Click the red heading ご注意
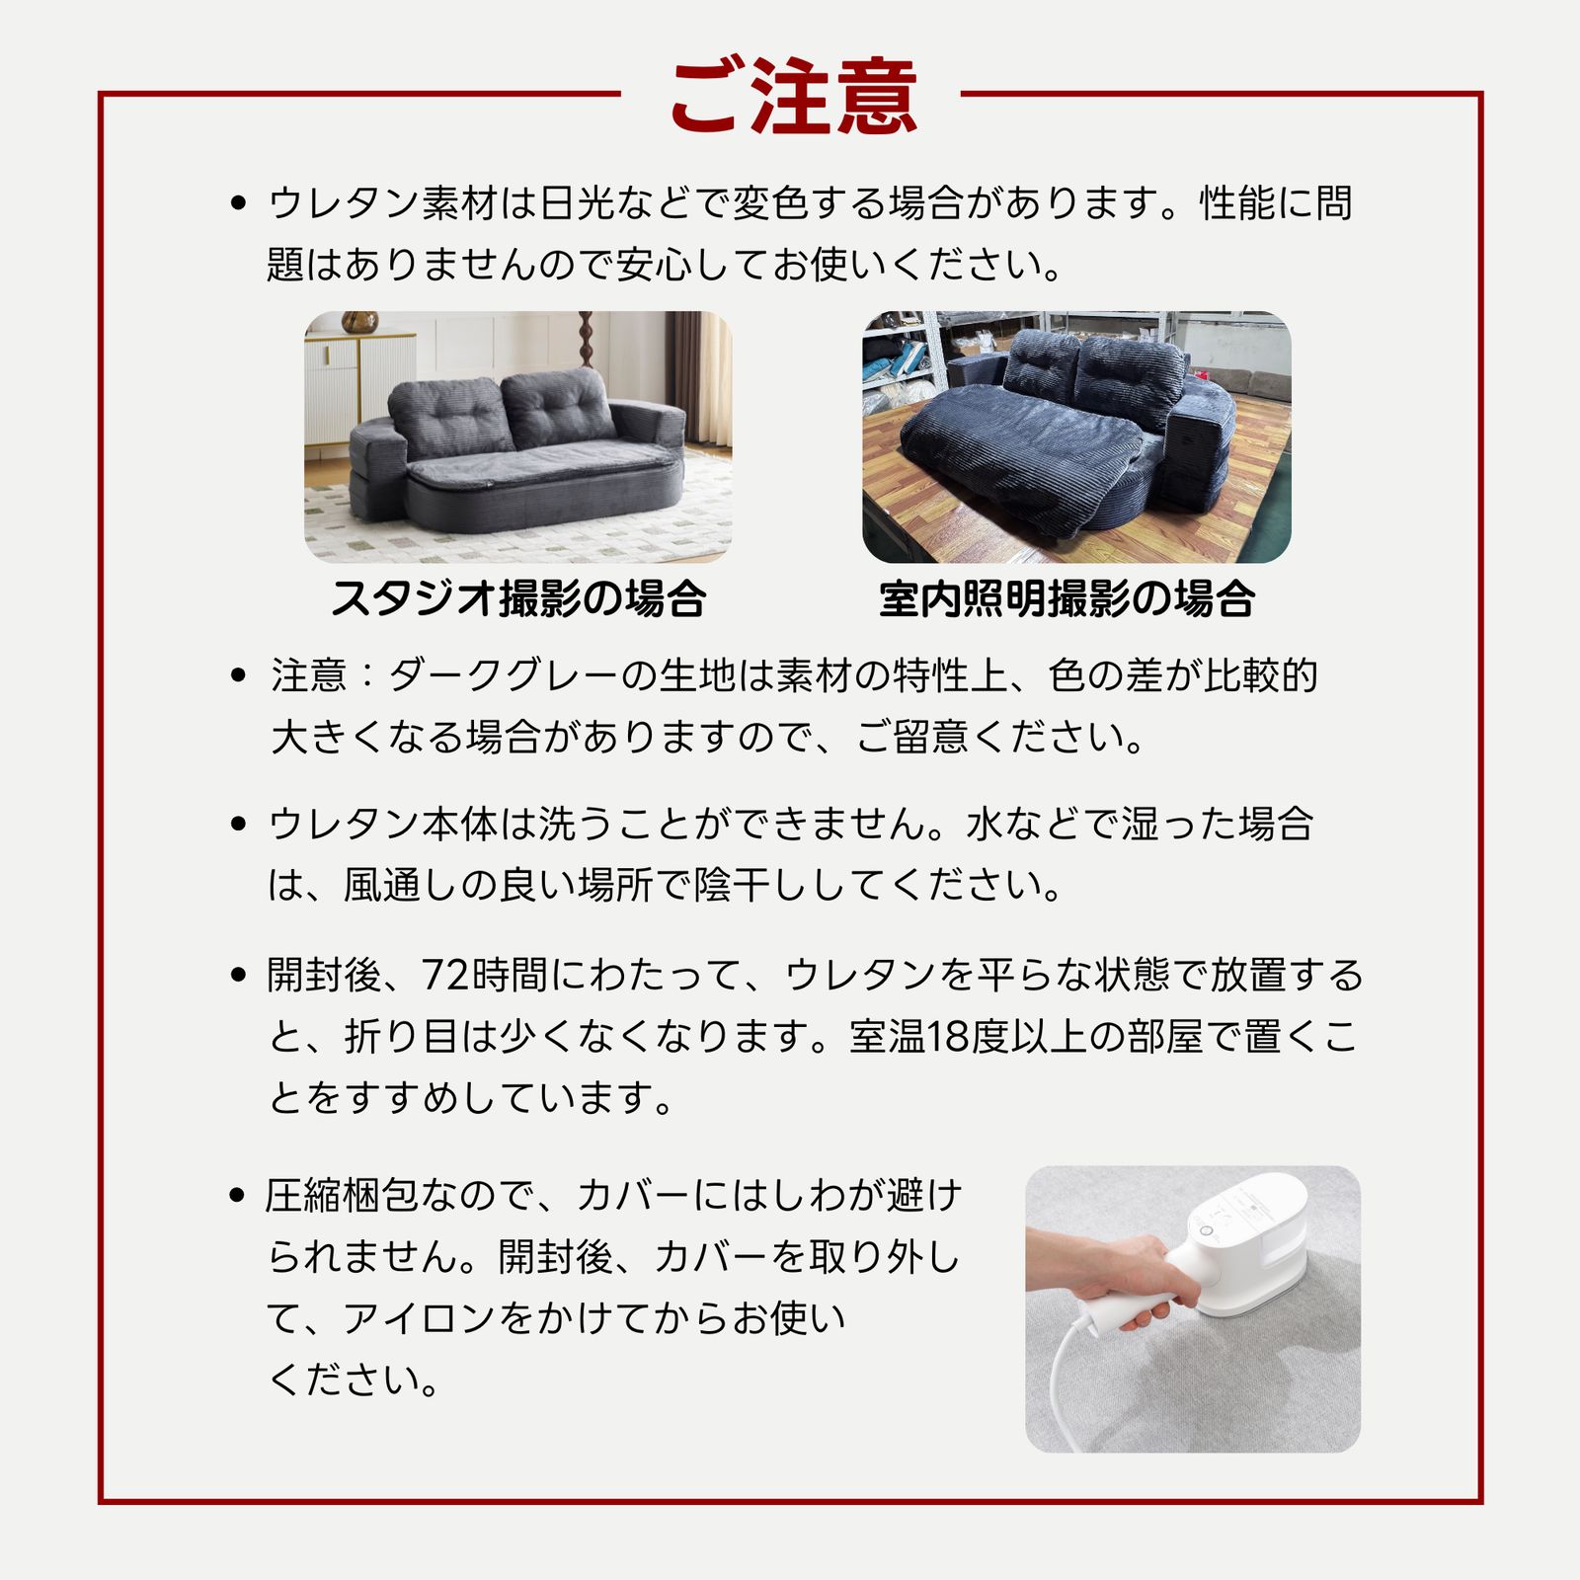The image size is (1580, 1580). coord(793,97)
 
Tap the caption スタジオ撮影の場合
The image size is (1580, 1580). coord(518,599)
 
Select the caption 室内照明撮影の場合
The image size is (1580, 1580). coord(1066,599)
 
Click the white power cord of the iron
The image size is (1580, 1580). coord(1062,1382)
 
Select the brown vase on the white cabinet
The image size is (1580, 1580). coord(359,322)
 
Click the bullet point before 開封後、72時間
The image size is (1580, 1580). coord(237,976)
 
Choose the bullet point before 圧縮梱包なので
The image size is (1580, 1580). coord(237,1196)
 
